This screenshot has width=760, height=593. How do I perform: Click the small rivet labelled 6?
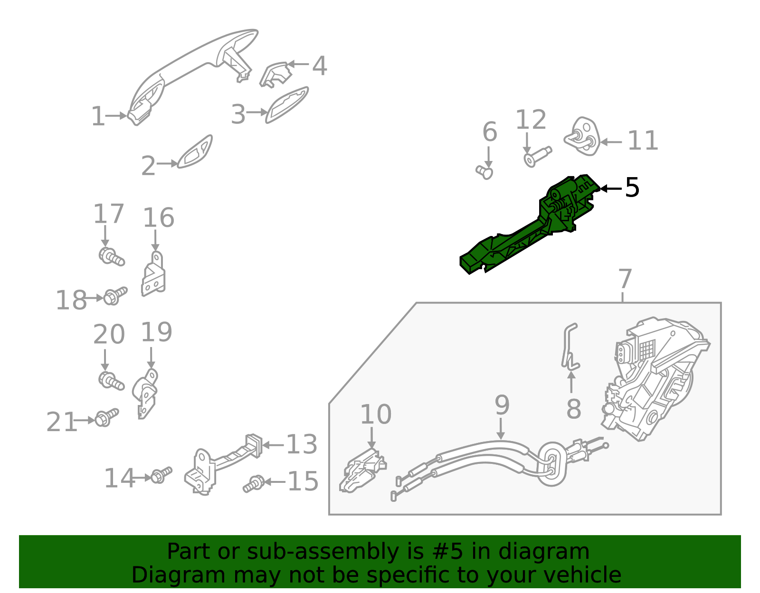click(x=485, y=171)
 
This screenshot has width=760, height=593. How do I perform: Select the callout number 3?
click(x=238, y=114)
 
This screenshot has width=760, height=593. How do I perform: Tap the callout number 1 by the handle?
click(x=97, y=116)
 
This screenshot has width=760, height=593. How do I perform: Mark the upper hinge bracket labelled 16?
click(x=154, y=275)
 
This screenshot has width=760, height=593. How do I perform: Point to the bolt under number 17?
click(x=112, y=257)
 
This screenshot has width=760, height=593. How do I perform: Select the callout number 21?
click(x=61, y=422)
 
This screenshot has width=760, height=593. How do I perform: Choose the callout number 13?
click(x=302, y=445)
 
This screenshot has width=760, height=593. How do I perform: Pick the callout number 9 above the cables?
click(x=502, y=405)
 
